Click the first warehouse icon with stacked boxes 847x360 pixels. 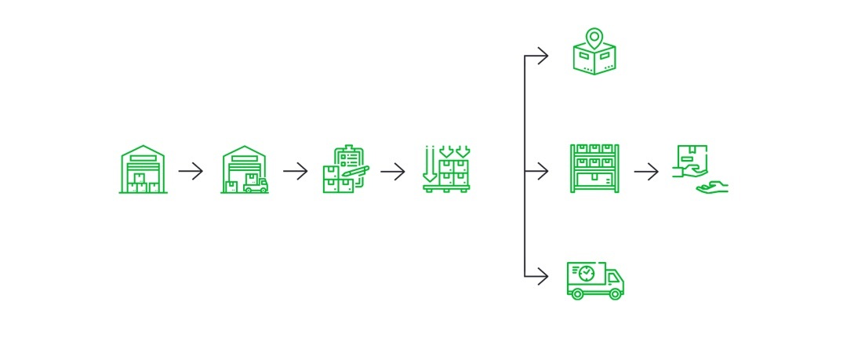click(x=143, y=169)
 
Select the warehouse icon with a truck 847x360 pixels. click(x=245, y=169)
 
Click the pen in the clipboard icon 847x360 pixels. click(x=356, y=170)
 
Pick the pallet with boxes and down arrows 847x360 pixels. click(x=445, y=169)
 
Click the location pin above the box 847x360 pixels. click(x=594, y=37)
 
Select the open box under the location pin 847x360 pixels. click(x=594, y=60)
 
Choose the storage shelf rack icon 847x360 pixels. click(x=594, y=169)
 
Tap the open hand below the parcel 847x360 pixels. click(x=712, y=187)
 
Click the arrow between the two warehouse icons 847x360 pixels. click(x=191, y=171)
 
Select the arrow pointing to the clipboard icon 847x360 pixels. click(x=296, y=171)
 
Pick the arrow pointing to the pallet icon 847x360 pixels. click(x=393, y=171)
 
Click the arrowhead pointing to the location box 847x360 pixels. click(x=543, y=56)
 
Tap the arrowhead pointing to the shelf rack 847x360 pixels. click(x=543, y=171)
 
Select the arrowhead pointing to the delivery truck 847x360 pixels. click(x=543, y=275)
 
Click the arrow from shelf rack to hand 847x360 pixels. click(x=646, y=171)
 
